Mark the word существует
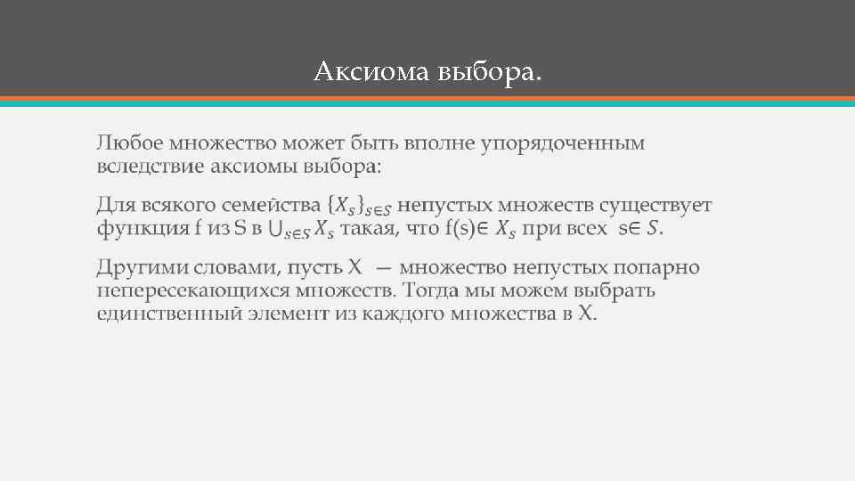point(655,206)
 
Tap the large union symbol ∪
point(276,230)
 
